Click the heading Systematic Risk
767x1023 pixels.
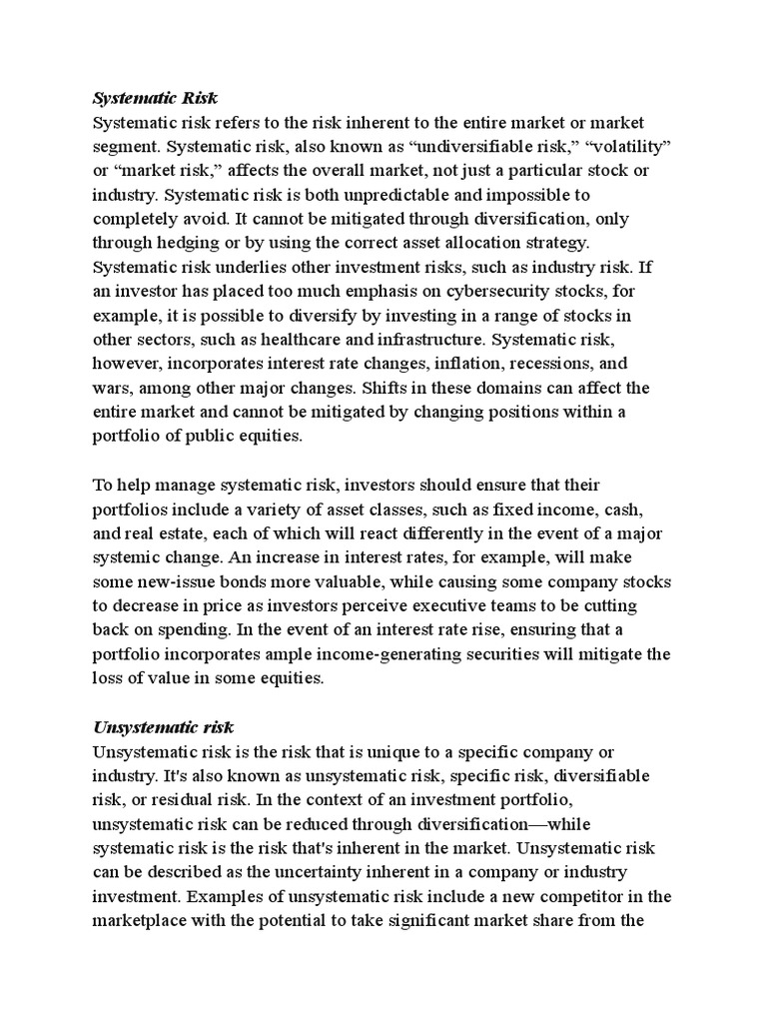point(155,98)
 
